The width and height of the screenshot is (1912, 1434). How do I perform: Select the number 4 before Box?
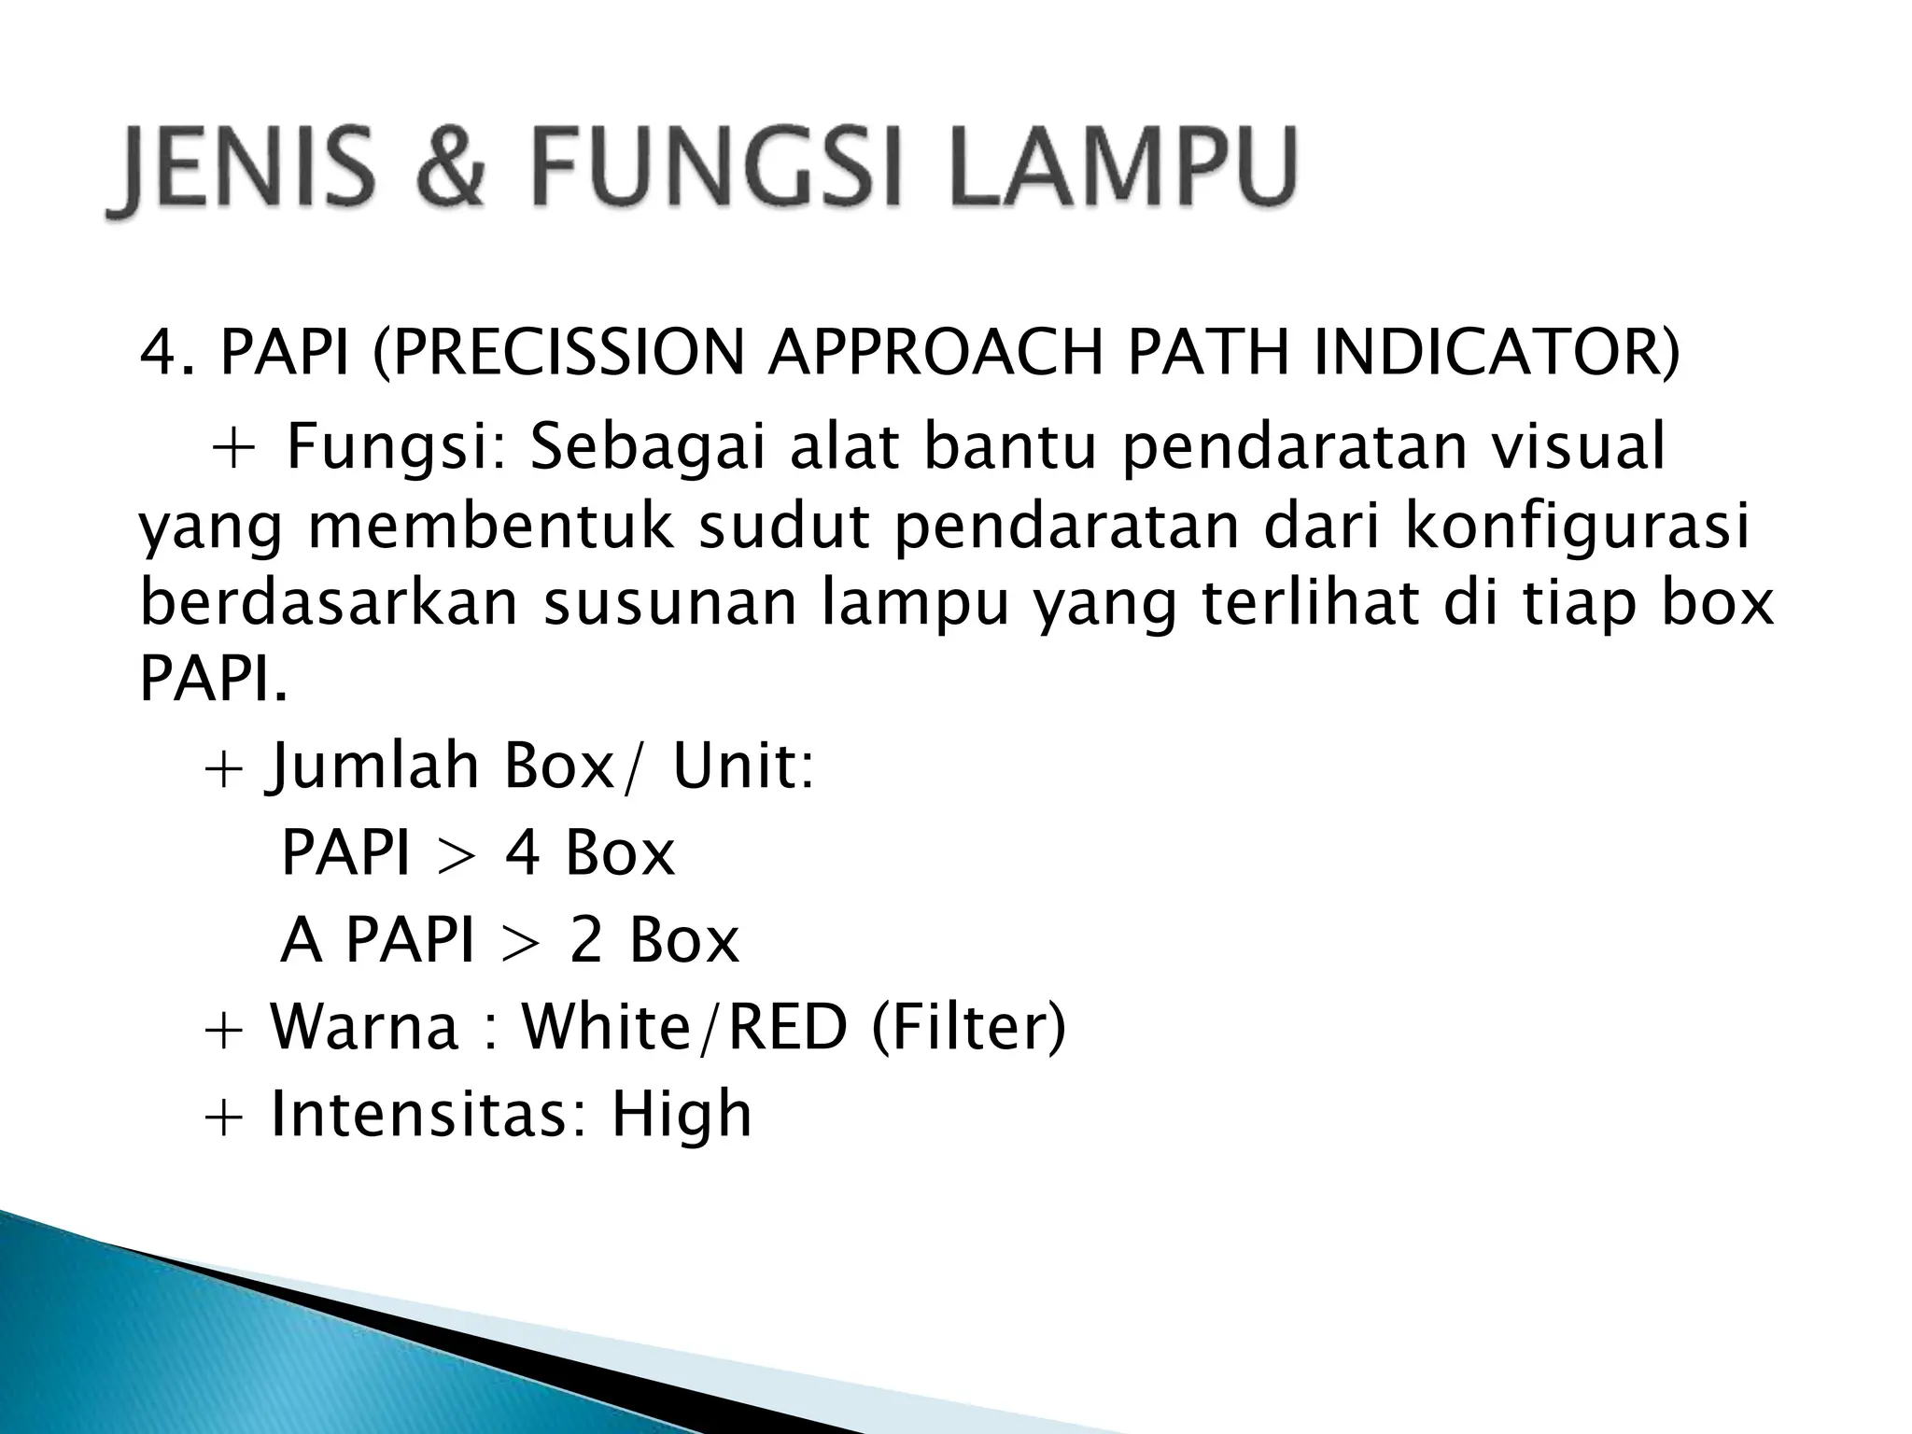[x=523, y=852]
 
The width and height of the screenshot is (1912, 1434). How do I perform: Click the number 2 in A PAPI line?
[x=586, y=939]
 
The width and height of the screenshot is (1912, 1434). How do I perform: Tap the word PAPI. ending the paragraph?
[x=214, y=680]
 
